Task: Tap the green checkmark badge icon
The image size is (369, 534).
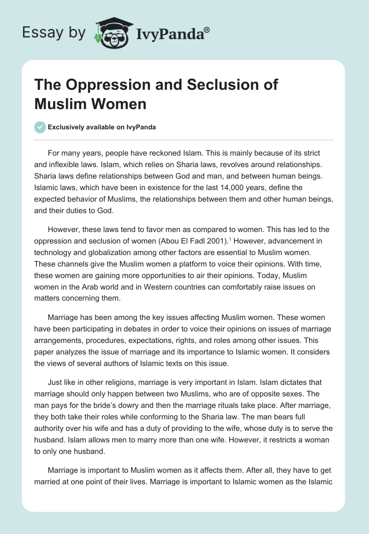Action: [40, 127]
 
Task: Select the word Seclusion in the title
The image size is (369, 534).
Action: [214, 86]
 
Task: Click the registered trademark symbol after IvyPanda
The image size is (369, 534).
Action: [208, 29]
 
